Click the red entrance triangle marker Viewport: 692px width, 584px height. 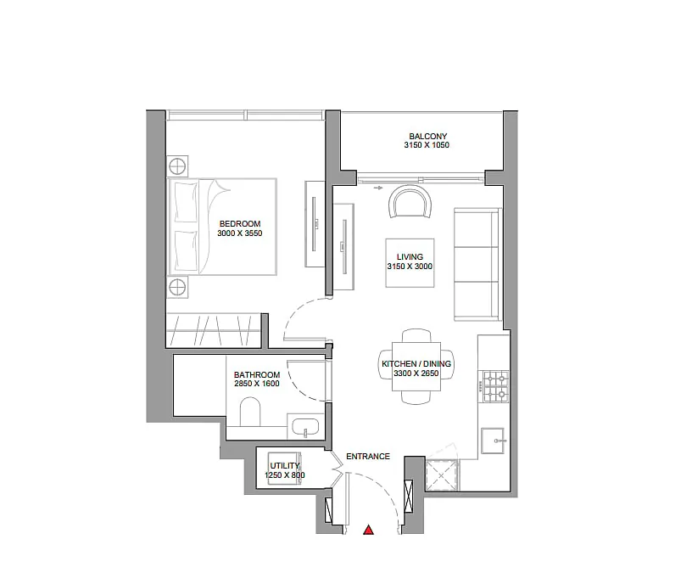[x=369, y=530]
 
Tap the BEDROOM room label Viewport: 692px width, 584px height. [x=240, y=224]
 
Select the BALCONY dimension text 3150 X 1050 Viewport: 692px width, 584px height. [x=427, y=145]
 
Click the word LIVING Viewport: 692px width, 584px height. [x=410, y=256]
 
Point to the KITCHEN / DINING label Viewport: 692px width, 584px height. [x=416, y=363]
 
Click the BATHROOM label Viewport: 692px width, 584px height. [x=257, y=374]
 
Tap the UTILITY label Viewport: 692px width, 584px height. [x=285, y=466]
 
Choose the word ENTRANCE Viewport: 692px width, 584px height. [x=368, y=457]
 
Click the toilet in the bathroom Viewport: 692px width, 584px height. [x=250, y=412]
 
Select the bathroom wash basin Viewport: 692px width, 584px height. [x=305, y=427]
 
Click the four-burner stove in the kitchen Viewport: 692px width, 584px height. [x=496, y=386]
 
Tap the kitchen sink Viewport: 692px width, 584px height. [x=493, y=441]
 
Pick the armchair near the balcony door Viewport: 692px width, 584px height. [x=410, y=201]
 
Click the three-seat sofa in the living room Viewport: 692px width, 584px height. [x=477, y=264]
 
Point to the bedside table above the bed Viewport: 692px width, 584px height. [x=177, y=166]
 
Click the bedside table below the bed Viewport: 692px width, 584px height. [x=177, y=287]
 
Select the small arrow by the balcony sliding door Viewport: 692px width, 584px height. [x=378, y=188]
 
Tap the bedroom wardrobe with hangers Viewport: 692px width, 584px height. [x=214, y=329]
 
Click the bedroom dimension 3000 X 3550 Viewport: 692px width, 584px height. [x=240, y=233]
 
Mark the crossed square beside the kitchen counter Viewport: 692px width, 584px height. [x=442, y=475]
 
